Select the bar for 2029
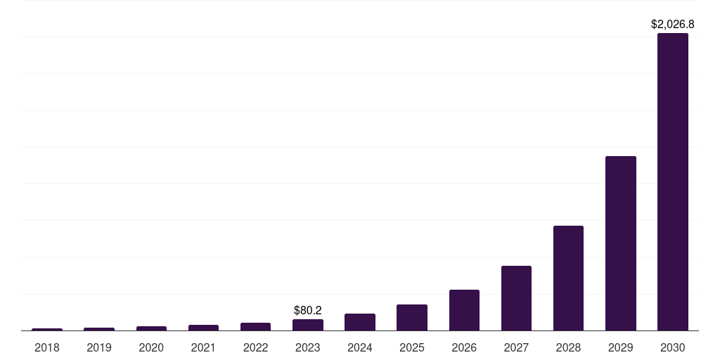tap(620, 243)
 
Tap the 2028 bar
tap(568, 278)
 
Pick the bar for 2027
tap(516, 297)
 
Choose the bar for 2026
tap(464, 309)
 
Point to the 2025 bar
tap(412, 317)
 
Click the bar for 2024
tap(360, 322)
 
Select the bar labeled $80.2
tap(308, 325)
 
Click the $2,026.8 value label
tap(673, 25)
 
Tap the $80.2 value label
tap(308, 310)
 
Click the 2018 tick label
tap(47, 347)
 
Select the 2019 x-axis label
tap(99, 347)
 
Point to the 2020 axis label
tap(151, 347)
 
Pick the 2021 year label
tap(203, 347)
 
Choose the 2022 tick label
tap(255, 347)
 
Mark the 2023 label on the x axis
tap(308, 347)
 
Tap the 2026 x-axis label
tap(464, 347)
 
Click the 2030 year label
tap(672, 347)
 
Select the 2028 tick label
tap(568, 347)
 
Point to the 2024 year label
tap(360, 347)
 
